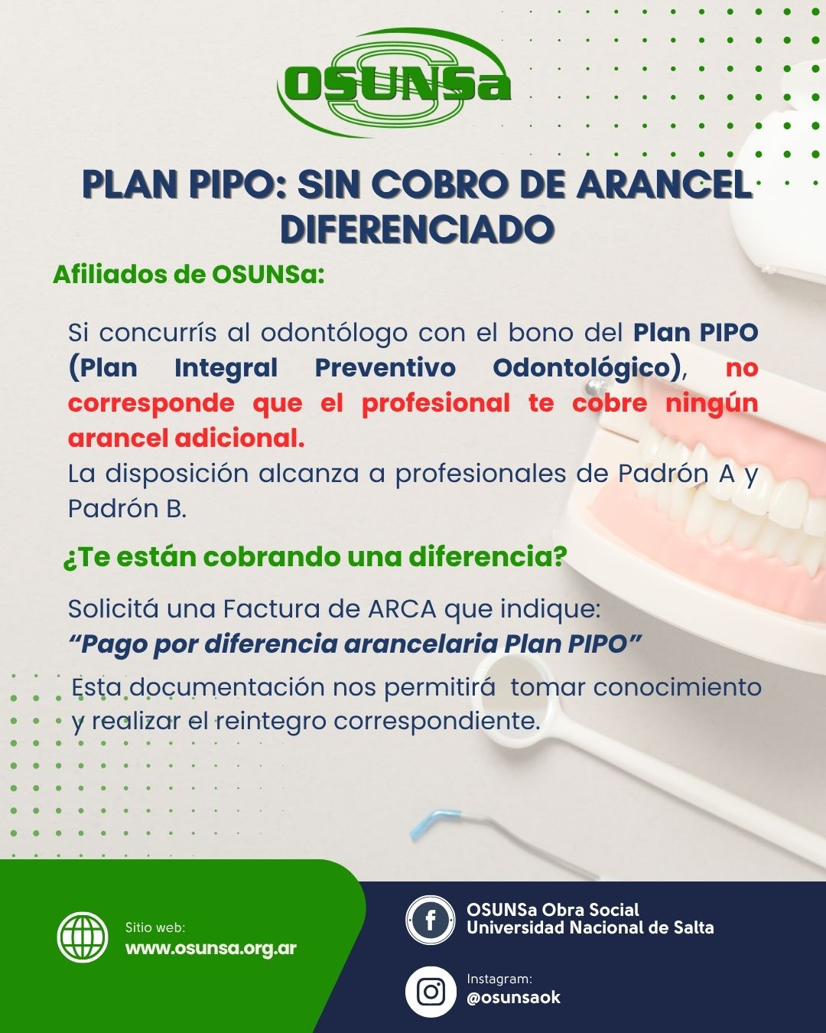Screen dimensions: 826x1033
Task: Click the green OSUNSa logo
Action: (394, 83)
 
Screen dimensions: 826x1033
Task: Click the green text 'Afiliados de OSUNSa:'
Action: (189, 275)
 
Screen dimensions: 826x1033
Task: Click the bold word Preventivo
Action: (385, 368)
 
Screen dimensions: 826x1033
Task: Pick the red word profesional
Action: (436, 404)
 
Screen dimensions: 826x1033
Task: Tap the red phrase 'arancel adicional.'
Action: (186, 438)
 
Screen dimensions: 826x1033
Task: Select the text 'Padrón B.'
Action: (127, 508)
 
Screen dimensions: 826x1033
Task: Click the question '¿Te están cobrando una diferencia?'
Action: (315, 557)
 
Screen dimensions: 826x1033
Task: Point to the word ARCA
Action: (402, 609)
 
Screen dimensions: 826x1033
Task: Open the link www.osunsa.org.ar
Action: (210, 949)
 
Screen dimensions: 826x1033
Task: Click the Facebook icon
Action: (430, 920)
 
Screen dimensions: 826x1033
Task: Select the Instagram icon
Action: (431, 992)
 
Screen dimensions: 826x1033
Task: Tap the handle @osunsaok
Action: (513, 998)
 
